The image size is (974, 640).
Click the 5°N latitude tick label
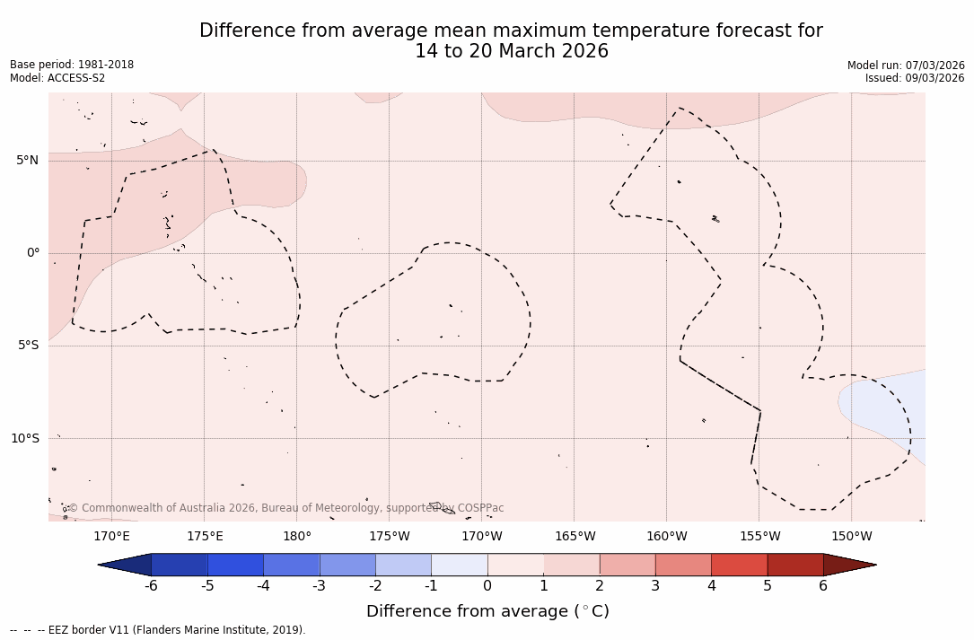(x=27, y=161)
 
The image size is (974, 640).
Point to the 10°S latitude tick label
(x=24, y=438)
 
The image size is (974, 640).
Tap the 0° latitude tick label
(x=33, y=253)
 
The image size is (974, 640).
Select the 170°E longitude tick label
(x=111, y=537)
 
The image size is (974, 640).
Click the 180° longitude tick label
(x=297, y=537)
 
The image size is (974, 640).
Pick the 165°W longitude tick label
(x=575, y=537)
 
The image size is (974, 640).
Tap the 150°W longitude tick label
(x=852, y=537)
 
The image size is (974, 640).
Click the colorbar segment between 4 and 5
(x=739, y=565)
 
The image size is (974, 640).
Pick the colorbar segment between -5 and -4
(x=235, y=565)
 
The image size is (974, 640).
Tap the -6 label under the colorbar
(x=151, y=586)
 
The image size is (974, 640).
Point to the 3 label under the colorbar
(x=655, y=586)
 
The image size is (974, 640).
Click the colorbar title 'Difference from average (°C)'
(x=487, y=611)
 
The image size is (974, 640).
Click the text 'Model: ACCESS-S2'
(x=57, y=78)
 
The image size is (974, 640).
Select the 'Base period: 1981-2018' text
(x=72, y=65)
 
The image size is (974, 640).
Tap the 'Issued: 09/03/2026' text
(x=915, y=78)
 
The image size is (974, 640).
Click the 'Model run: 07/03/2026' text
(x=906, y=65)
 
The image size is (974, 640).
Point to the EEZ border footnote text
(x=157, y=630)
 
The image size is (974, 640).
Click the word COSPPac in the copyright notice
(x=480, y=508)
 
